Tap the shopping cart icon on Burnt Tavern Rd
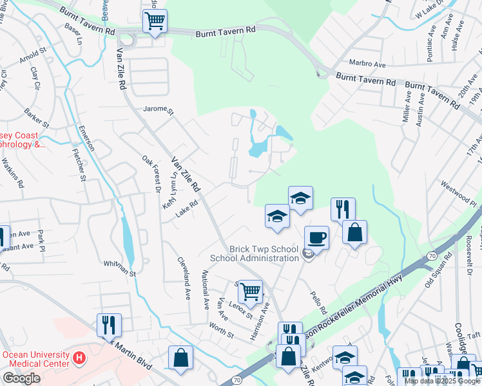[155, 21]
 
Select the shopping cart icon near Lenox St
[250, 291]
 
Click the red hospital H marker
[79, 357]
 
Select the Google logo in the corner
[21, 378]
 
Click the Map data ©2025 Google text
[436, 381]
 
